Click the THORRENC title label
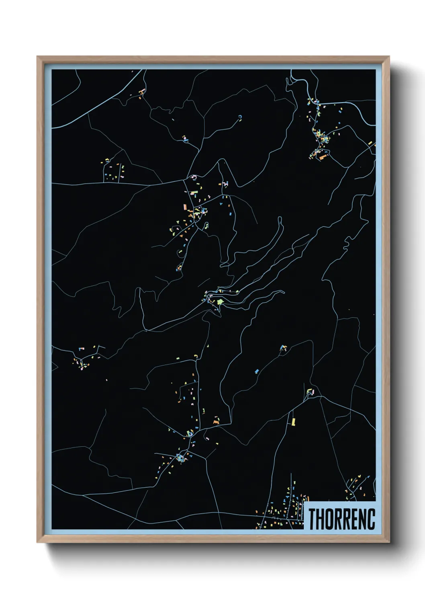pos(341,519)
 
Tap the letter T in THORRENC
pos(312,519)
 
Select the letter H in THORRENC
pos(320,519)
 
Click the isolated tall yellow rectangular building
pos(293,421)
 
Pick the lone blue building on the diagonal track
pos(256,371)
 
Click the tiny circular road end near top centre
pos(240,117)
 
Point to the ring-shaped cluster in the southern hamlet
pos(180,458)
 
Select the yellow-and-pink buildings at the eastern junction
pos(311,391)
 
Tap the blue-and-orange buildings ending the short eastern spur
pos(284,347)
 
